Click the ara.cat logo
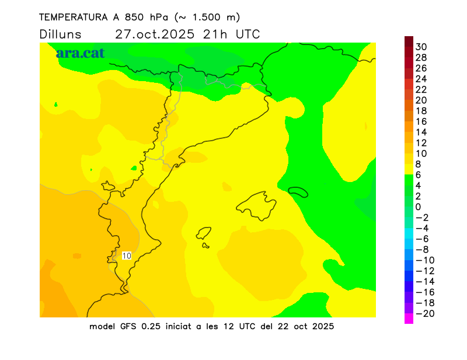coord(80,53)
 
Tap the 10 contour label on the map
coord(127,256)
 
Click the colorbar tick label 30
coord(421,47)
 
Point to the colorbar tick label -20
coord(423,313)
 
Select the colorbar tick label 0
coord(418,207)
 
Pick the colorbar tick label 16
coord(421,121)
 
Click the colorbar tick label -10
coord(423,260)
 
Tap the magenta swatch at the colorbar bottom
coord(409,319)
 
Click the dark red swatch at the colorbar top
coord(409,41)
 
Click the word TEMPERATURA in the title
coord(72,18)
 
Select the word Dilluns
coord(61,34)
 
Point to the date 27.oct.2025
coord(154,34)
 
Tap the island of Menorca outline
coord(298,191)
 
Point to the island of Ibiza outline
coord(204,233)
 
